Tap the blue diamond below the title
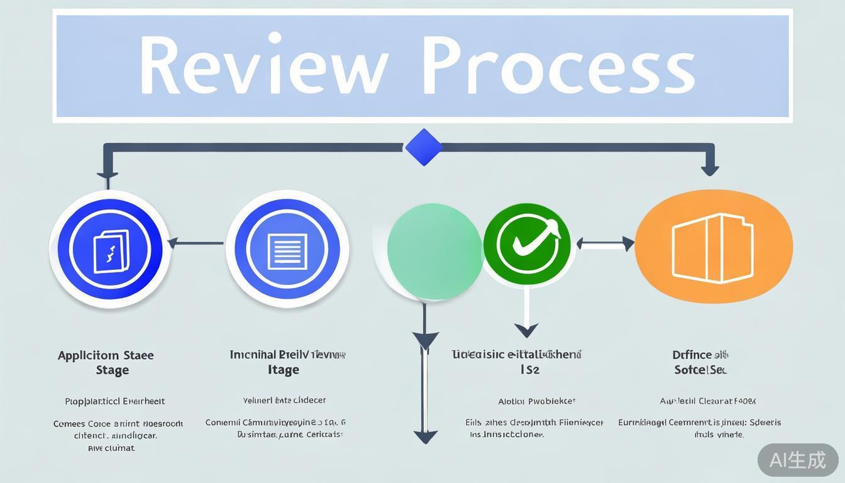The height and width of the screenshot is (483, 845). [x=424, y=147]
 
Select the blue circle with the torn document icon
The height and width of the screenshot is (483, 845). [x=109, y=250]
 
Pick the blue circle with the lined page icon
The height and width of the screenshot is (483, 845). [x=287, y=249]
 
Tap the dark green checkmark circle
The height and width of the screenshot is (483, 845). [x=527, y=245]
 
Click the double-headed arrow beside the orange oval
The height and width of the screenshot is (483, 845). [x=605, y=243]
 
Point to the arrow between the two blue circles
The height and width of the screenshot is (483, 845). [x=195, y=243]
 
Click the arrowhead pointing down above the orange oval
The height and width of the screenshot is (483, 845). [x=710, y=169]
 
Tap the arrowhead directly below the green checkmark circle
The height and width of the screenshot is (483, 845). [x=526, y=330]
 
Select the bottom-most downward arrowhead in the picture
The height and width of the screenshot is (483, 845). [x=426, y=436]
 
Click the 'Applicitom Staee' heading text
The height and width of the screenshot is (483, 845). [x=106, y=355]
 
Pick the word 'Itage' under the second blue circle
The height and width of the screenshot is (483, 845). [x=284, y=370]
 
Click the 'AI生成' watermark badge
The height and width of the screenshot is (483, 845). [x=797, y=460]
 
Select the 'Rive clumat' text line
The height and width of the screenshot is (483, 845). [x=111, y=448]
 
